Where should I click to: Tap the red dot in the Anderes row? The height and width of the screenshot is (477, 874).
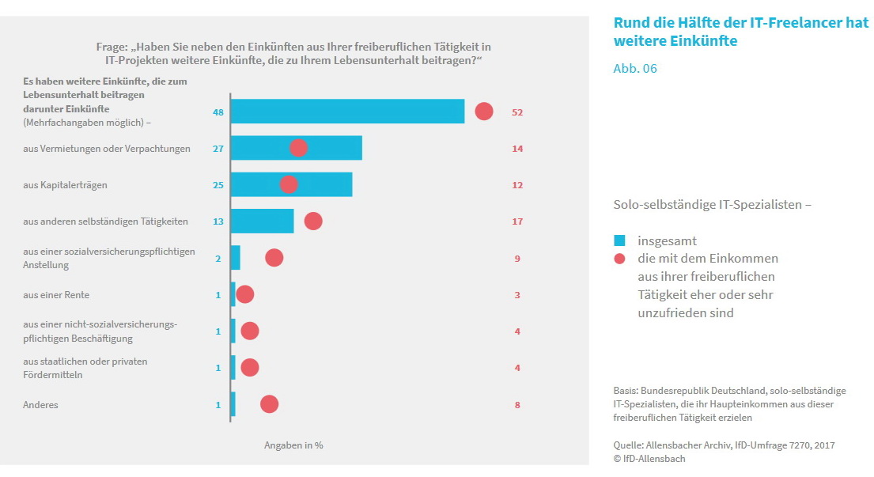(269, 404)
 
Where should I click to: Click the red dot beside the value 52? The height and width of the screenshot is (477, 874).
(484, 112)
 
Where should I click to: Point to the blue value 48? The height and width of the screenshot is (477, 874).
(218, 112)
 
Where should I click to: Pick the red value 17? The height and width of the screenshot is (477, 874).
(517, 221)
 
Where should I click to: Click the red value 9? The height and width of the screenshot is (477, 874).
(517, 259)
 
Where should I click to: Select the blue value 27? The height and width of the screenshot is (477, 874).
(218, 149)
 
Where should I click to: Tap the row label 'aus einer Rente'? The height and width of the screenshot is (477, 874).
(56, 295)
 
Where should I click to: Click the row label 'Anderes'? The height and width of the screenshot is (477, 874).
(41, 405)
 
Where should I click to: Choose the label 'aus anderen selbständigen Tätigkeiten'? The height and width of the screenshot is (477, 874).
(106, 221)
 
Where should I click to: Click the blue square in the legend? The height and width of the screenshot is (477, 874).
(620, 240)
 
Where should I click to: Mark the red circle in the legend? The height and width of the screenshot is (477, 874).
(620, 259)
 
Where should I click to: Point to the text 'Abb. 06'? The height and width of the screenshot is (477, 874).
(635, 69)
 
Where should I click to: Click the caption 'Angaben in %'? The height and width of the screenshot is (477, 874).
(293, 445)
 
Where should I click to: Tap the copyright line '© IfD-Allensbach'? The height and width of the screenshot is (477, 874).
(649, 459)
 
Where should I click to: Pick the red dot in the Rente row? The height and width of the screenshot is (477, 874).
(245, 294)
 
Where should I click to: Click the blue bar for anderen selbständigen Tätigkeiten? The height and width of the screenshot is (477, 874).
(262, 221)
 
